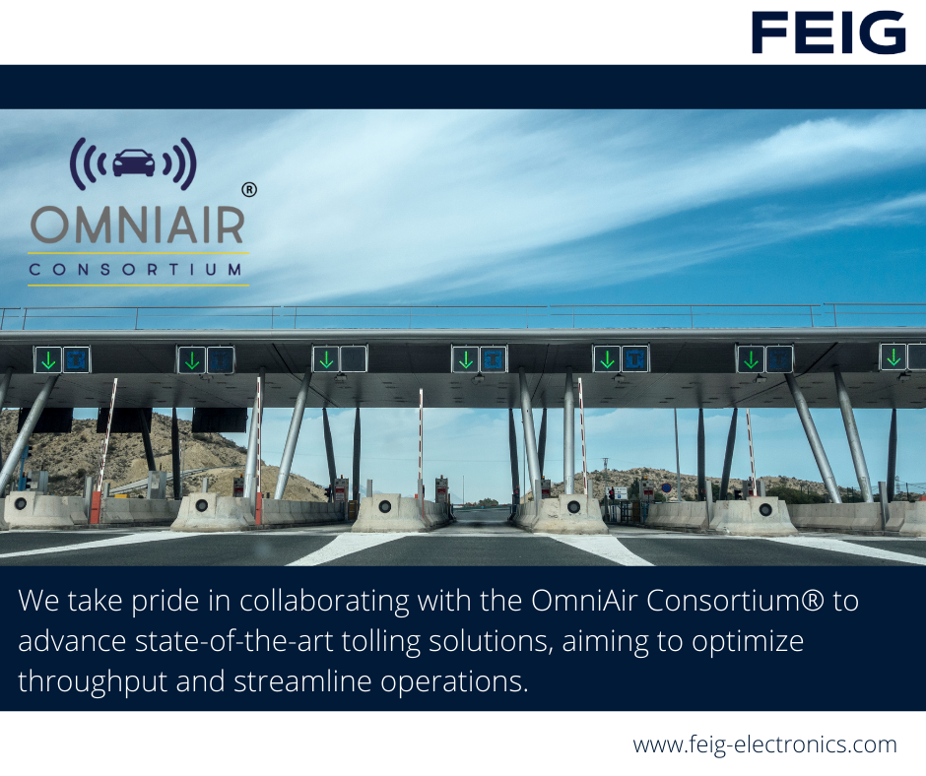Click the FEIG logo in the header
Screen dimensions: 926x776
pos(828,32)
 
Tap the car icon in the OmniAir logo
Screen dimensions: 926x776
pos(133,162)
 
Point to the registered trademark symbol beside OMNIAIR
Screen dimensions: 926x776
pos(249,190)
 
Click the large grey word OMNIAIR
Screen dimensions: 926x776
pos(137,225)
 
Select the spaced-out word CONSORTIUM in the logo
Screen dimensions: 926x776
pos(135,270)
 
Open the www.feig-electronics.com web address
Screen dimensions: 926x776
pos(764,744)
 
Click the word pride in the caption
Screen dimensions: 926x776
pos(165,601)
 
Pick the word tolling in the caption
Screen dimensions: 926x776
pos(381,641)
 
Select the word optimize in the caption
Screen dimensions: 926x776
pos(748,642)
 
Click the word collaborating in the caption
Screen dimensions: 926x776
pos(324,601)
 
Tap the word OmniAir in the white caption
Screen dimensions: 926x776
pos(584,601)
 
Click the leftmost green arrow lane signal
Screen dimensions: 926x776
pos(48,359)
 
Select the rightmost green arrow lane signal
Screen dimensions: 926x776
pos(893,356)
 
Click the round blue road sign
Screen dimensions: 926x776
pos(666,488)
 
